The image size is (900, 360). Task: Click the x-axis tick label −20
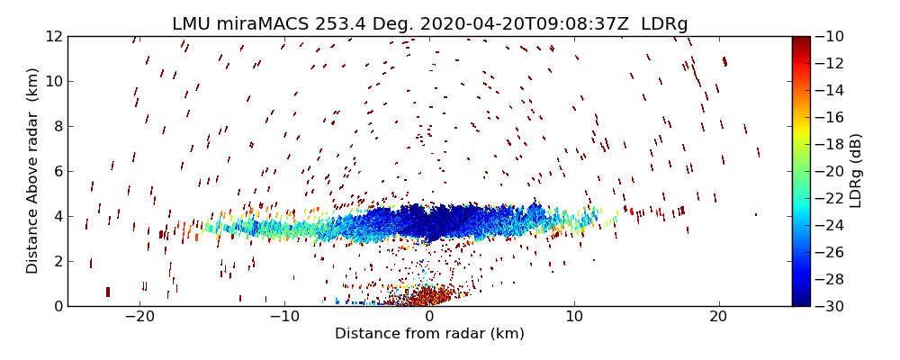coord(139,318)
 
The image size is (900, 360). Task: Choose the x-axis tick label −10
coord(284,318)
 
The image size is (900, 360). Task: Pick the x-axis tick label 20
coord(718,318)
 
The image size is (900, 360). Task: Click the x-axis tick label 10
coord(574,318)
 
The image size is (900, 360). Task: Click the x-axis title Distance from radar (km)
coord(429,334)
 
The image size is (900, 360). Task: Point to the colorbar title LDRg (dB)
coord(855,171)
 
